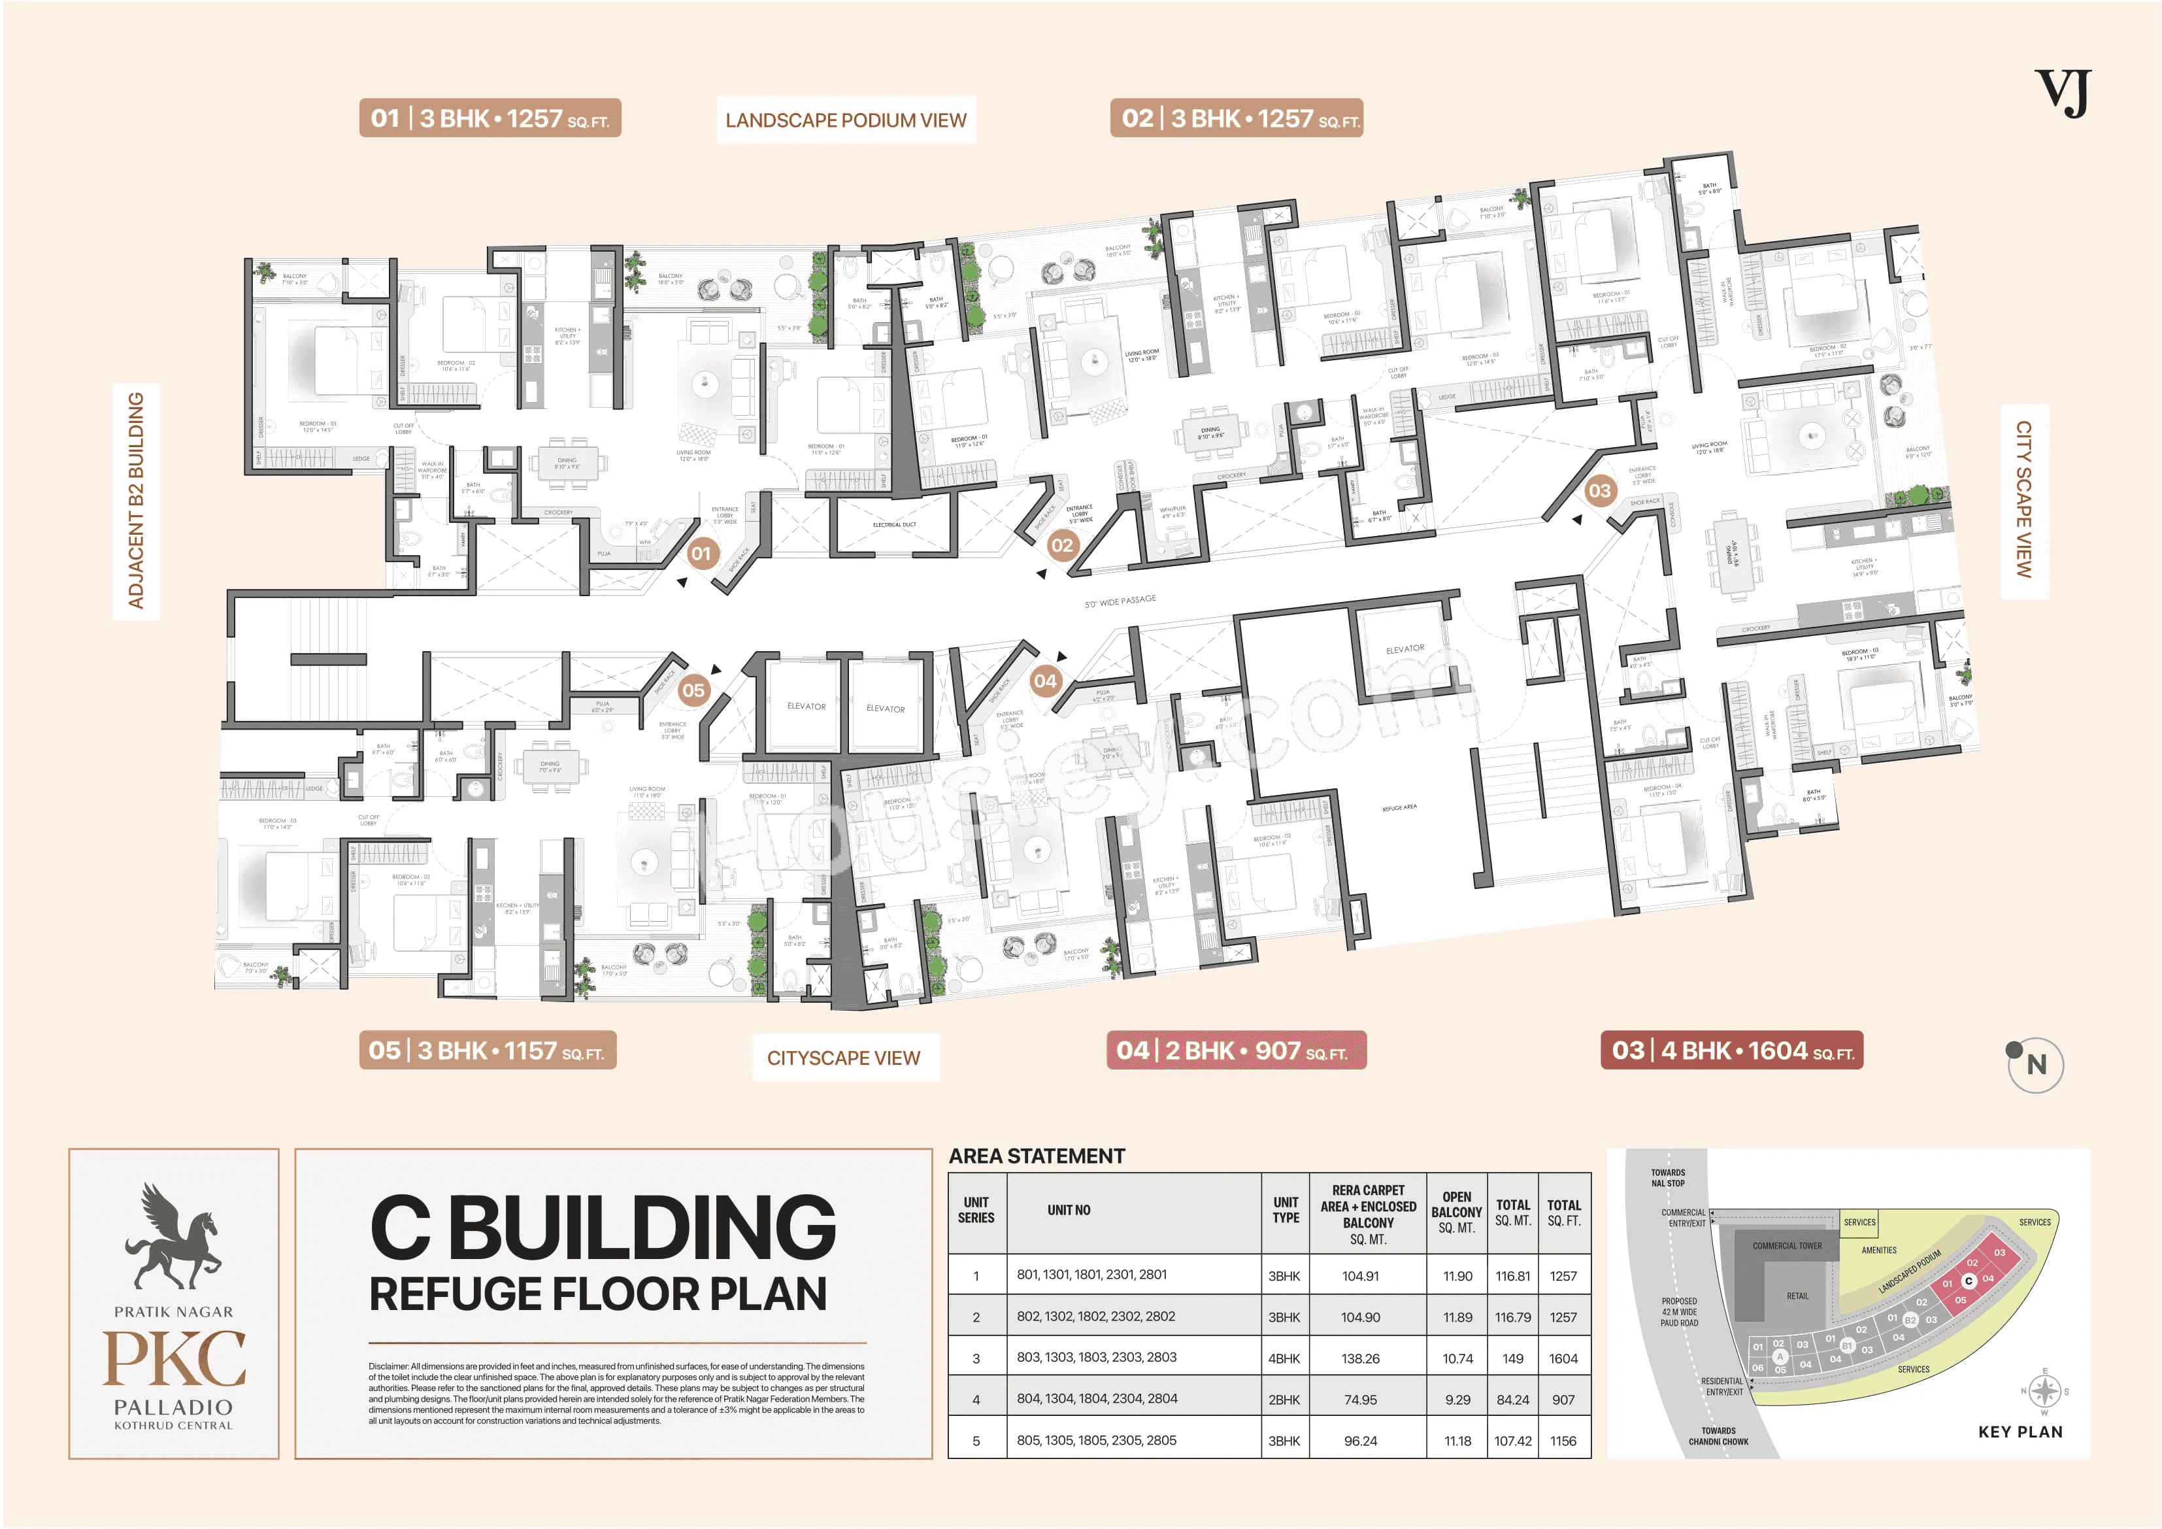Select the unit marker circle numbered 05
(693, 690)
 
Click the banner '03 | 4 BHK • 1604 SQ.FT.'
(1731, 1050)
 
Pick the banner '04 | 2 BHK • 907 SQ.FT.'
(1235, 1050)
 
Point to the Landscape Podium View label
(846, 120)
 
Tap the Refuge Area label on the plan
(1399, 807)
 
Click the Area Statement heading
(1036, 1156)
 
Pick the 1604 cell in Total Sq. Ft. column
(1563, 1358)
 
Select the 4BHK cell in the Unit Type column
(1284, 1358)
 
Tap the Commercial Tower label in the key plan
(1786, 1245)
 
